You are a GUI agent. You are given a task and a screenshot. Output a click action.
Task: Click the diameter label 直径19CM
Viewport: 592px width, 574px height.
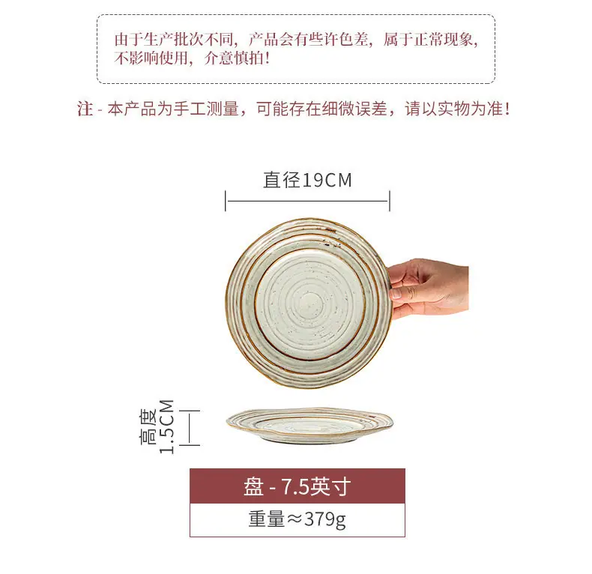[307, 180]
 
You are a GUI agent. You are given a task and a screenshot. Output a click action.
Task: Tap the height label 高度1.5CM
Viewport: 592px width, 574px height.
[157, 426]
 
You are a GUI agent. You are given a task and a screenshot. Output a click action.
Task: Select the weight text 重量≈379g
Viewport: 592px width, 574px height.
[297, 519]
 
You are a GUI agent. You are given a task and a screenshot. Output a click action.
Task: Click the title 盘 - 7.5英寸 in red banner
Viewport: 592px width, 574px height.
[297, 486]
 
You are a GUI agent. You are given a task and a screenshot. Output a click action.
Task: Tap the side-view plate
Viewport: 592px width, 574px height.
[309, 426]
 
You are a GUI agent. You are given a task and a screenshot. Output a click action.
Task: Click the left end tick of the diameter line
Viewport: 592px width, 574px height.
[226, 201]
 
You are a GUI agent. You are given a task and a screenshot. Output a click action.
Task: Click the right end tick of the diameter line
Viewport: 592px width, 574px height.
[389, 201]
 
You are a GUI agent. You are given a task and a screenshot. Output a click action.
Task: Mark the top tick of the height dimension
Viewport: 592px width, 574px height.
[189, 410]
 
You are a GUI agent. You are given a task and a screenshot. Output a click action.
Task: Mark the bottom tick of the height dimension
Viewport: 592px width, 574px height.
[189, 445]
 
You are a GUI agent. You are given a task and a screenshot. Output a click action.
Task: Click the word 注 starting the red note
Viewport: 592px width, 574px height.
[85, 109]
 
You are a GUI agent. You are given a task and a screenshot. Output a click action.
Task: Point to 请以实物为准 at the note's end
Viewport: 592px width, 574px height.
[457, 109]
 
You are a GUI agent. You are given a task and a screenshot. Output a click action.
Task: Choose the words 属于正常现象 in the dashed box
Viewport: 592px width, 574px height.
[428, 39]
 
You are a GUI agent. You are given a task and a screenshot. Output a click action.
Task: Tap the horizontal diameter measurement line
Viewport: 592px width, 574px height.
[307, 201]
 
